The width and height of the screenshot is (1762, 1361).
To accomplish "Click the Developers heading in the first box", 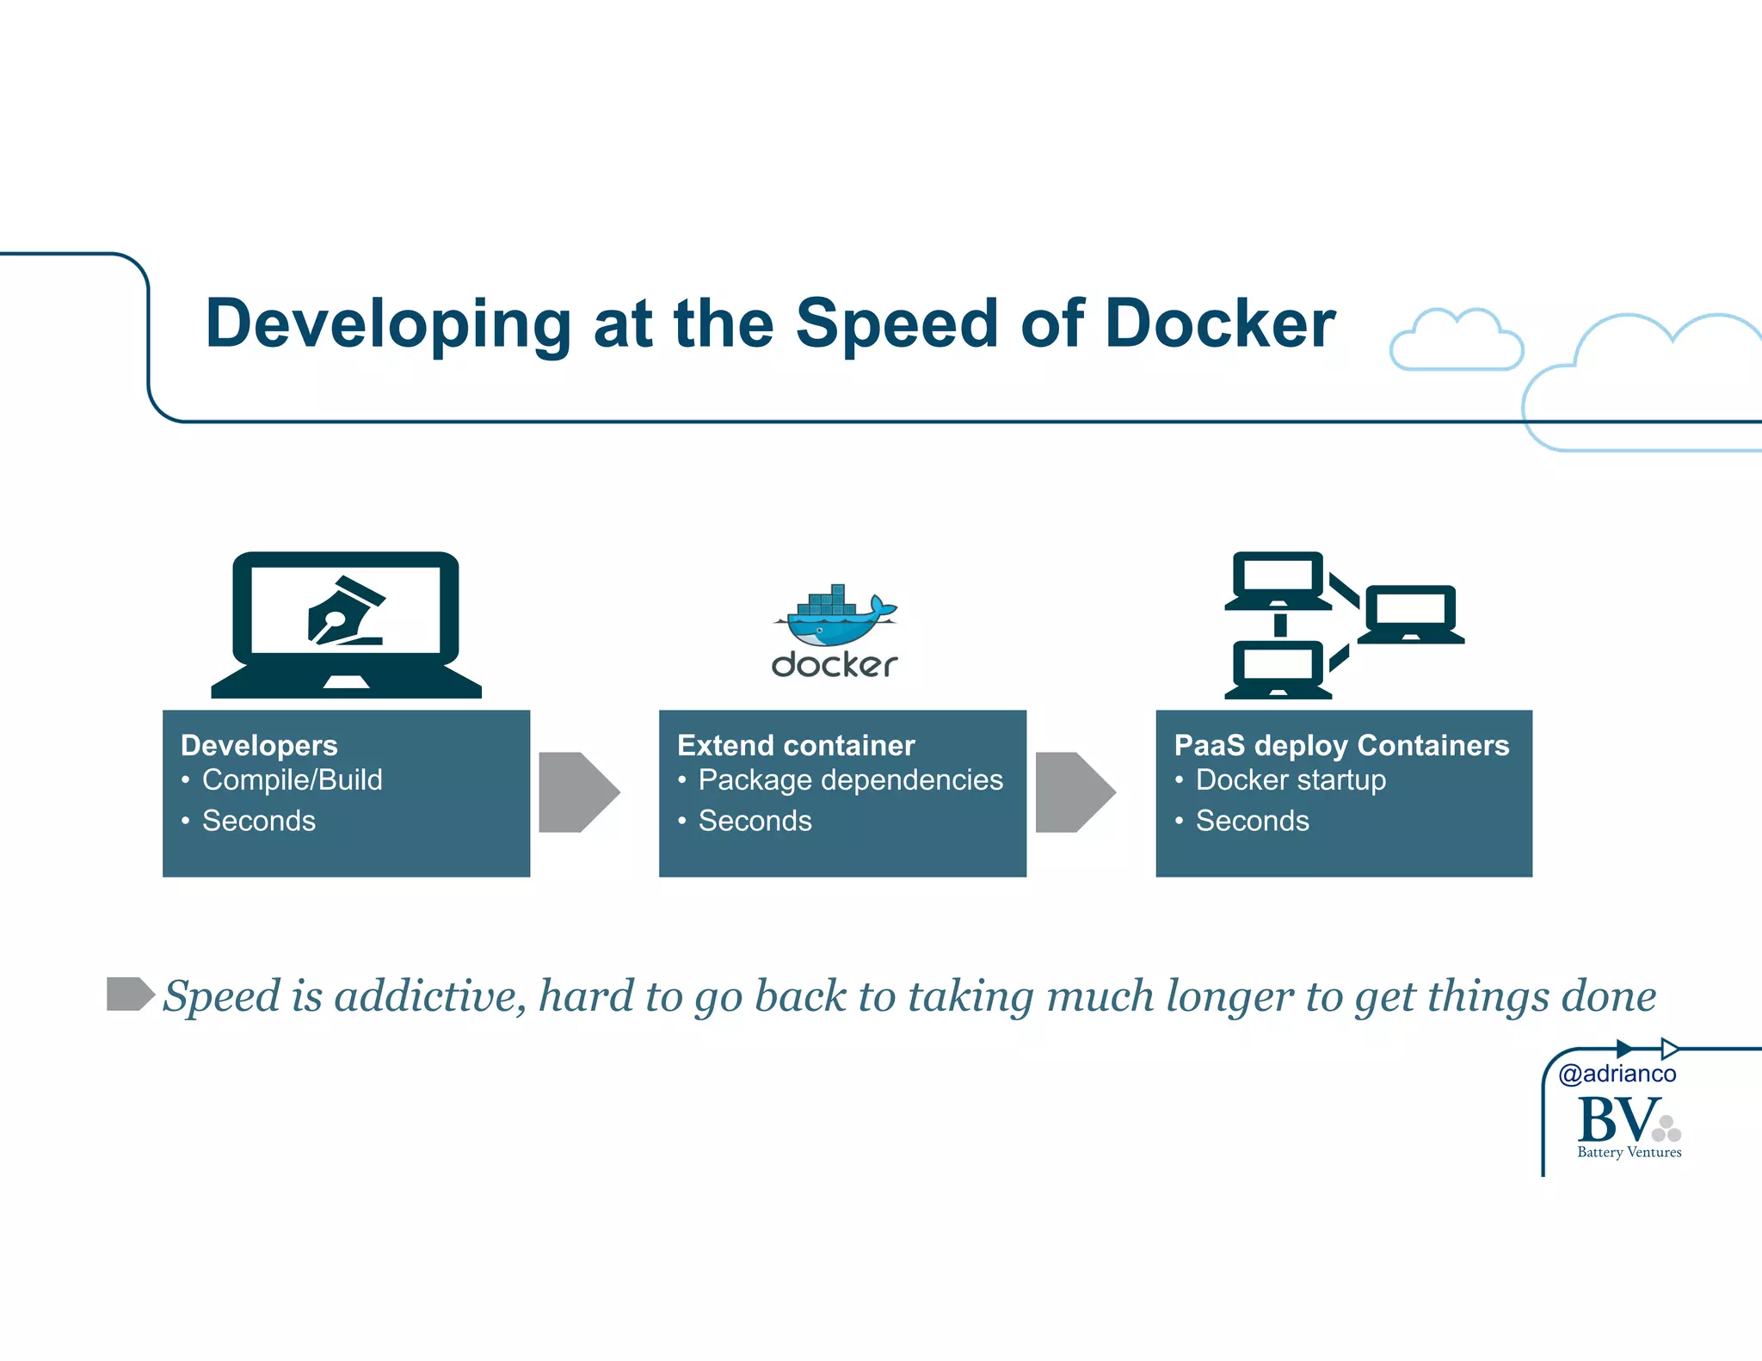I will tap(259, 745).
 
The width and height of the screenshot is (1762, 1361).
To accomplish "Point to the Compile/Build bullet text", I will tap(292, 780).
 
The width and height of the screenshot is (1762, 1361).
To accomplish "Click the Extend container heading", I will tap(796, 745).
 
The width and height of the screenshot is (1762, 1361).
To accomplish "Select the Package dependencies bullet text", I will tap(850, 780).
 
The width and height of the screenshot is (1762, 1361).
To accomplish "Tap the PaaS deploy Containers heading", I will tap(1340, 745).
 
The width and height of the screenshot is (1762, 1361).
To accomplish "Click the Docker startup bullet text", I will tap(1291, 780).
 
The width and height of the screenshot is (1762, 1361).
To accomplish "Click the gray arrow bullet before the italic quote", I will tap(129, 994).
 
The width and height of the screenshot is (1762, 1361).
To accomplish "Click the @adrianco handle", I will tap(1617, 1074).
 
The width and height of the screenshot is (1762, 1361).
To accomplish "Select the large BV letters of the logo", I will tap(1617, 1120).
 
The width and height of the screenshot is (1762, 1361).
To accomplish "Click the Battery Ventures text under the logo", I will tap(1629, 1153).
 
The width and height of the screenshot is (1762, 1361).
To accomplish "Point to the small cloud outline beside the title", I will tap(1456, 341).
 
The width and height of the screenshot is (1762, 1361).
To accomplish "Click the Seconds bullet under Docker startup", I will tap(1252, 821).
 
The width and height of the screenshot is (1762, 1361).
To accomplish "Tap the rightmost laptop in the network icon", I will tap(1411, 614).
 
